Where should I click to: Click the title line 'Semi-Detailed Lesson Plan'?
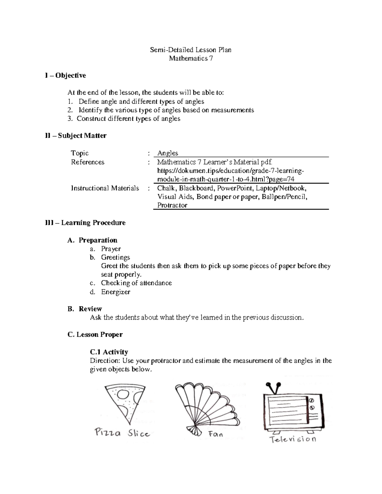pos(191,50)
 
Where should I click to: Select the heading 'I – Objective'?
pos(66,75)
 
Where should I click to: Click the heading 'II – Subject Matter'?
pos(76,136)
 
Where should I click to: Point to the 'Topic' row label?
pos(80,153)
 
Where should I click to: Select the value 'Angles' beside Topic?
pos(168,153)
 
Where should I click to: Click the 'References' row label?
pos(88,162)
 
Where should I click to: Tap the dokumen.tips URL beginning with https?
pos(230,171)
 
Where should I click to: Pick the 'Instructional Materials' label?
pos(105,188)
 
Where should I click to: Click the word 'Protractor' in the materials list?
pos(172,205)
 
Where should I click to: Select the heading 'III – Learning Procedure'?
pos(85,223)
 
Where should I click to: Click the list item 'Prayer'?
pos(111,249)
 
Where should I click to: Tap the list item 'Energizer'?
pos(116,292)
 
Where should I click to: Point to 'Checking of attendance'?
pos(136,283)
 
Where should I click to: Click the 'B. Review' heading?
pos(85,309)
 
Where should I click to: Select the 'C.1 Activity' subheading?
pos(109,352)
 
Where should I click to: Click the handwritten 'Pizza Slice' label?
pos(122,433)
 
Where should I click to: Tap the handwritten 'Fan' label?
pos(216,434)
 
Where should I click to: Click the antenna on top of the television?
pos(274,388)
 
